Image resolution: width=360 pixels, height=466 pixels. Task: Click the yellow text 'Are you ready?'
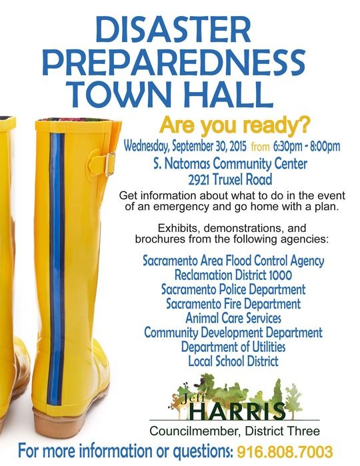[235, 126]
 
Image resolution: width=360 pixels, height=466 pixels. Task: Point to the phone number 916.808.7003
[285, 452]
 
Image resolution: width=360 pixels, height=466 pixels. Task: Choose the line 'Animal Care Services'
[233, 318]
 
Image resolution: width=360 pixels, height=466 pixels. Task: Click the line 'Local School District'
[233, 361]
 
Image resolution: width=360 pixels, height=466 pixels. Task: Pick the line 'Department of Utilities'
[233, 347]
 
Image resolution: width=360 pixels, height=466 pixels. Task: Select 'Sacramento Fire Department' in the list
[233, 304]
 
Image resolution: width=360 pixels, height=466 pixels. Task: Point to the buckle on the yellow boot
[110, 164]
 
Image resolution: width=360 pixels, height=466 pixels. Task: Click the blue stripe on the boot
[57, 269]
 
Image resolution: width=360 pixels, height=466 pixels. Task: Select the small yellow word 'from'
[260, 147]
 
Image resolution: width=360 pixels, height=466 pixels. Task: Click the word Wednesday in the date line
[146, 147]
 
